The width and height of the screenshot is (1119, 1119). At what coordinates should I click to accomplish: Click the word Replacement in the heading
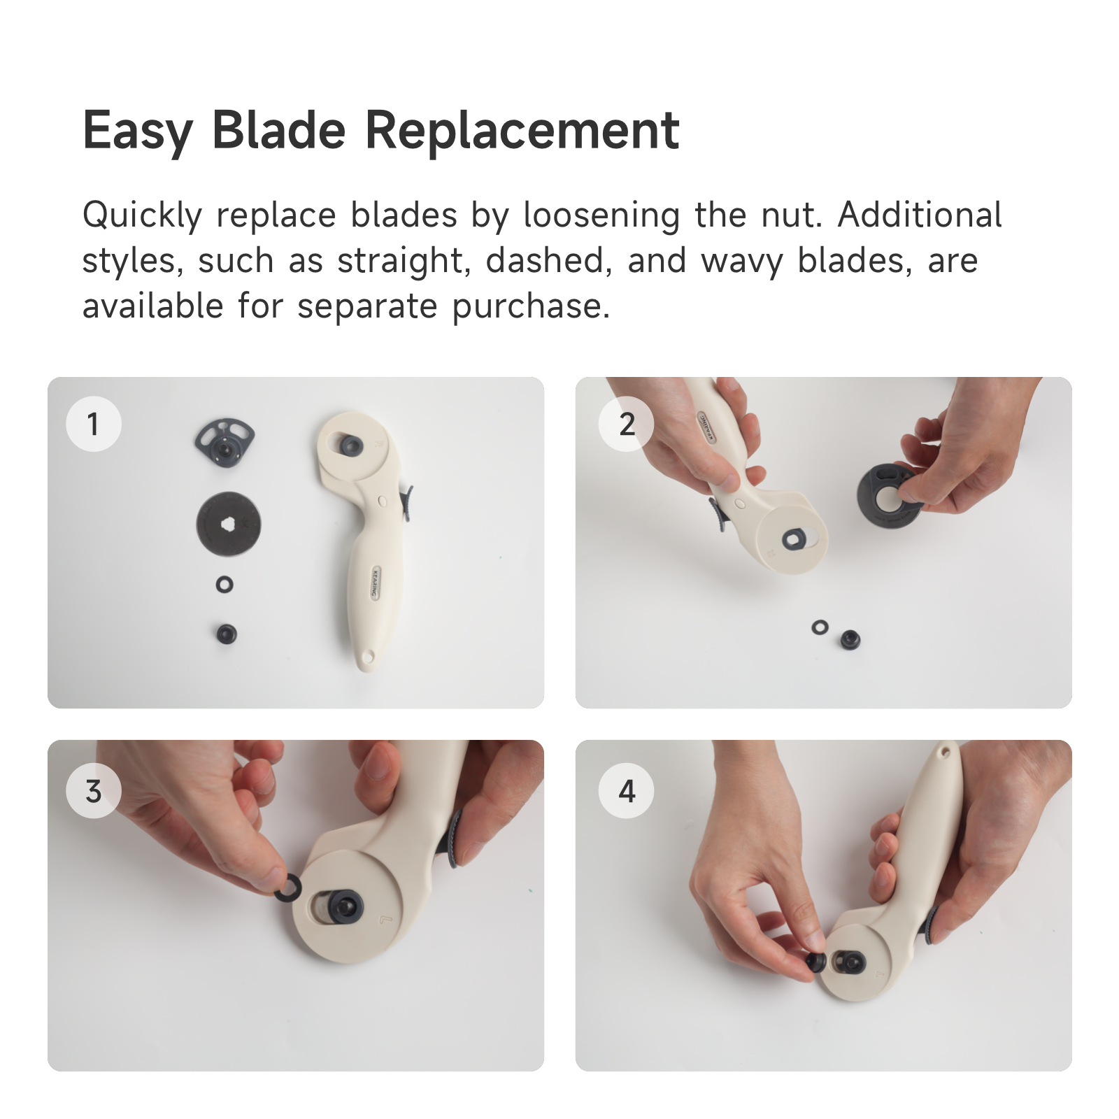pyautogui.click(x=522, y=131)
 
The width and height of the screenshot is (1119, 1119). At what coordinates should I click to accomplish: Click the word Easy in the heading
pyautogui.click(x=138, y=131)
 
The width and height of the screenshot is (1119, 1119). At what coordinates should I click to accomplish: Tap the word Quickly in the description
pyautogui.click(x=142, y=215)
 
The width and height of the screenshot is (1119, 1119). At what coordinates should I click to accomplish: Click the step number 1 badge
pyautogui.click(x=94, y=424)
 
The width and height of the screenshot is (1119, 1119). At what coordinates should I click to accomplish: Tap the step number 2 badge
pyautogui.click(x=627, y=424)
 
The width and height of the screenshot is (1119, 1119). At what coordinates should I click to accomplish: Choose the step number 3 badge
pyautogui.click(x=94, y=791)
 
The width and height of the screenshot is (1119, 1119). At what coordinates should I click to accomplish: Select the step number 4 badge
pyautogui.click(x=627, y=791)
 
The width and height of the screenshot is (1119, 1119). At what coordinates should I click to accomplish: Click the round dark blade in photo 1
pyautogui.click(x=229, y=523)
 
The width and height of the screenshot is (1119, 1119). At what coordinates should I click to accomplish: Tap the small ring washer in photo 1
pyautogui.click(x=224, y=585)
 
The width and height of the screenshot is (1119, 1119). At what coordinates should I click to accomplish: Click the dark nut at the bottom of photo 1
pyautogui.click(x=227, y=634)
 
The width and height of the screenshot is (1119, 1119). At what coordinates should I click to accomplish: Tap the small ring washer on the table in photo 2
pyautogui.click(x=820, y=627)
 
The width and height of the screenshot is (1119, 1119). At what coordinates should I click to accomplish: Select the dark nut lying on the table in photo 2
pyautogui.click(x=850, y=639)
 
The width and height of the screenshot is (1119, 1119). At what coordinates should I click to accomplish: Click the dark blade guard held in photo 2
pyautogui.click(x=883, y=495)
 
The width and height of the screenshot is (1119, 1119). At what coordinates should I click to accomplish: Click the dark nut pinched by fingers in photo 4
pyautogui.click(x=815, y=962)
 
